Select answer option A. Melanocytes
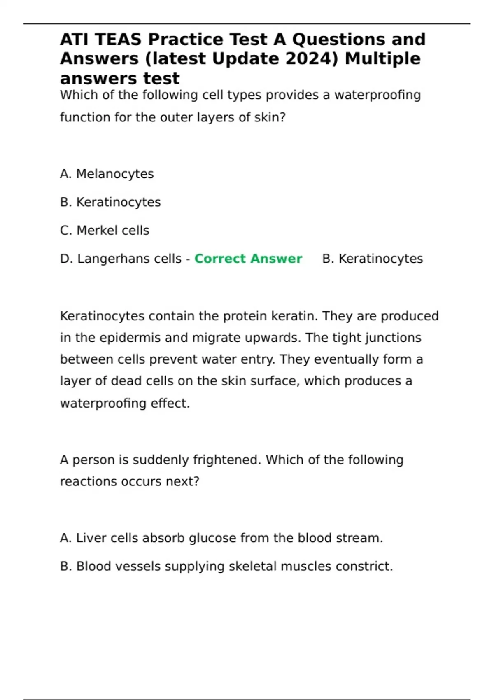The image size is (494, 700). pos(107,174)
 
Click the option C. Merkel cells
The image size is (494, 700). pos(105,230)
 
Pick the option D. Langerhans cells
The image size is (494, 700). pos(121,259)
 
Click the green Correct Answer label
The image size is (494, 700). pos(248,259)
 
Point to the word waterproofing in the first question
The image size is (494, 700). pos(377,95)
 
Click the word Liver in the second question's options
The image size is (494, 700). pos(87,538)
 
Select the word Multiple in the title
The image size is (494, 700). pos(382,58)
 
